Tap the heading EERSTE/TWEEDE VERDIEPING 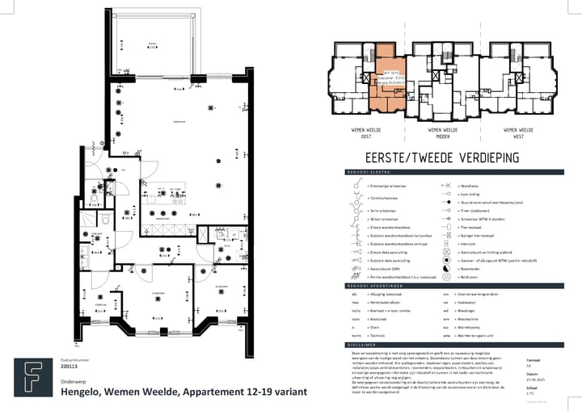point(442,158)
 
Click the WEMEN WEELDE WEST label point(517,132)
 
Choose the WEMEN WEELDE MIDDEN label point(442,132)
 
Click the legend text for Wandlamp point(470,185)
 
